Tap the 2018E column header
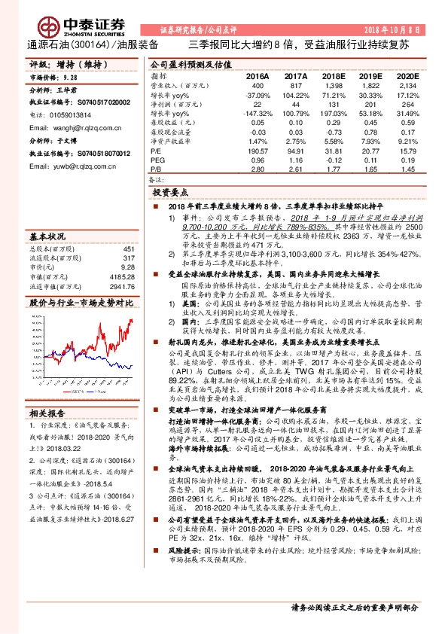click(x=334, y=76)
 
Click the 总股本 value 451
click(x=128, y=248)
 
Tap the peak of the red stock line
click(x=131, y=319)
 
